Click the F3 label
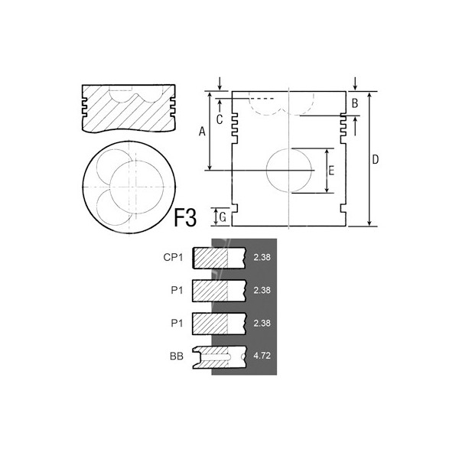pos(186,217)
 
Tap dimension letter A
pos(202,131)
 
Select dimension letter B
pos(354,103)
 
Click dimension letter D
pos(376,159)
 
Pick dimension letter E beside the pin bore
pos(330,169)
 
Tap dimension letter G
pos(222,217)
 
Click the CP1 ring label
pos(173,258)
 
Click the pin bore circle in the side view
pos(289,170)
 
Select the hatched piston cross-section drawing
pos(127,108)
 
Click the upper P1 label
pos(177,291)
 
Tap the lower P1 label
pos(177,324)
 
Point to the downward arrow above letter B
pos(356,83)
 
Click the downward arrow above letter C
pos(220,83)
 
